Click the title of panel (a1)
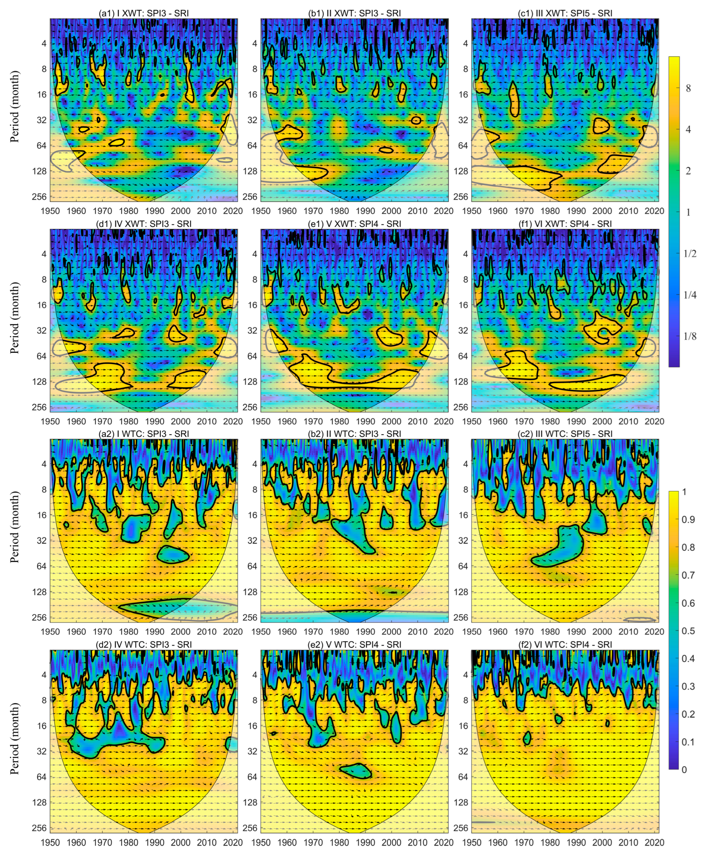point(144,13)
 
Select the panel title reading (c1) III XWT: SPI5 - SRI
point(565,13)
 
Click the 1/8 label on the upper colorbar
point(690,336)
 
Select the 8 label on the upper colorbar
point(688,88)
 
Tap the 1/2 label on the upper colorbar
point(690,253)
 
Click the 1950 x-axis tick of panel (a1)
point(51,211)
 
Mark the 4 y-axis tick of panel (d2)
point(42,675)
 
